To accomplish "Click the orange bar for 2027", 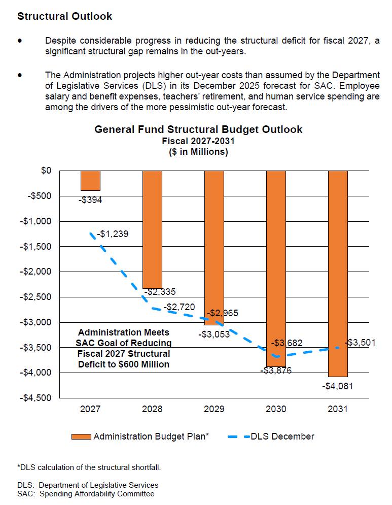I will (90, 181).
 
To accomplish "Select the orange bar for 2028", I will (152, 228).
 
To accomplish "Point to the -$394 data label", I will (90, 200).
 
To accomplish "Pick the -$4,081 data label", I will (337, 386).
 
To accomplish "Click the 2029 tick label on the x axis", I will (214, 409).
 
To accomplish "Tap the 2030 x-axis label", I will (276, 409).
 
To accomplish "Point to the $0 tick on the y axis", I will (46, 171).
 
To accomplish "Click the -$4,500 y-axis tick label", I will (36, 398).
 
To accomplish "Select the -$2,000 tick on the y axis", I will (36, 272).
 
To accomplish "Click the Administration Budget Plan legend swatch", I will (81, 436).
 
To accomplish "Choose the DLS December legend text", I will (282, 436).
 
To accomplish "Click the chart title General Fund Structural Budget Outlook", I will (198, 129).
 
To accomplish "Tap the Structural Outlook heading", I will (65, 16).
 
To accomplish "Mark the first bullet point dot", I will (20, 41).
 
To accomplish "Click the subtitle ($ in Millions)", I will (198, 152).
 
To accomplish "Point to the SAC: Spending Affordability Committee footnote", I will (86, 493).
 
